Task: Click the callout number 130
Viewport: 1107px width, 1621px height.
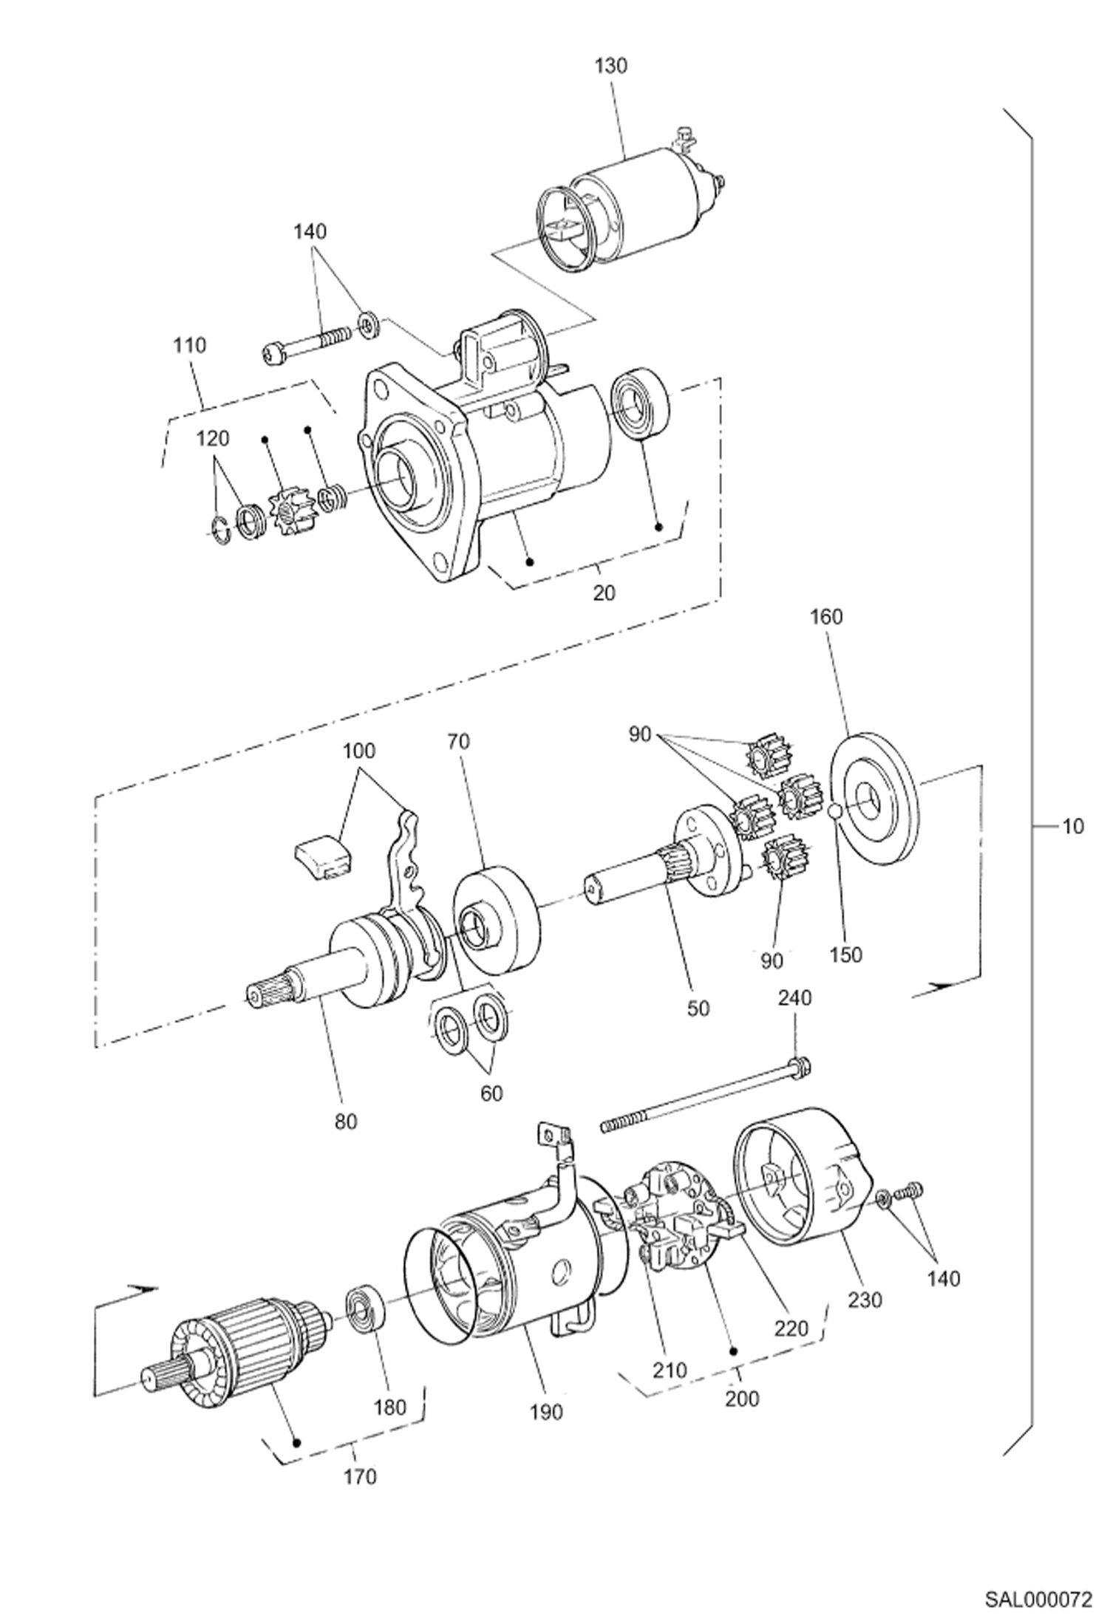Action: pos(611,66)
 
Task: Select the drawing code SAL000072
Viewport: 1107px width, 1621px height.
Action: pos(1037,1594)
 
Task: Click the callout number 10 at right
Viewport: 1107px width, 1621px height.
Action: pos(1072,826)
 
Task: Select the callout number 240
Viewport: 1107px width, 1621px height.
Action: pos(794,998)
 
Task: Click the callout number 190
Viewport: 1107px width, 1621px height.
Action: pos(545,1412)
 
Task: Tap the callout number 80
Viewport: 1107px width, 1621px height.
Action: pos(345,1122)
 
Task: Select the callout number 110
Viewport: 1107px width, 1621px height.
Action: pos(190,345)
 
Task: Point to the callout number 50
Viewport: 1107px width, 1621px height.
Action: pos(698,1009)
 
